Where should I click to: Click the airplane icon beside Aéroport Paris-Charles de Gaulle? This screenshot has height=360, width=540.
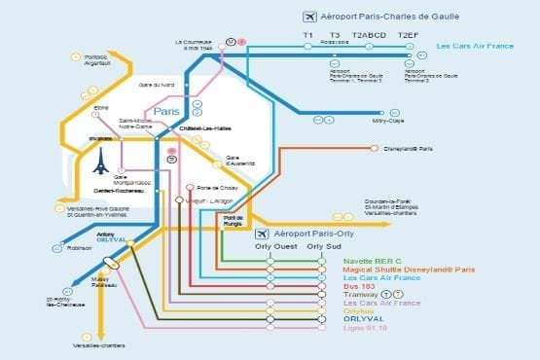click(x=310, y=17)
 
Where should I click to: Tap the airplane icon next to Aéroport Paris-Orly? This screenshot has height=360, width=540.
click(x=261, y=234)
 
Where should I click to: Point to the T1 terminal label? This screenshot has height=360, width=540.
click(x=307, y=35)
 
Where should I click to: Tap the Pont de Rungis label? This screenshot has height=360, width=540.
click(x=233, y=220)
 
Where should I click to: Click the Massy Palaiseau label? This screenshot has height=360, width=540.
click(x=102, y=281)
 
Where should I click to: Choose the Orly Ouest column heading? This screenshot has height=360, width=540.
click(x=272, y=246)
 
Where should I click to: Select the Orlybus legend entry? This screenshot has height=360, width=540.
click(x=362, y=310)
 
